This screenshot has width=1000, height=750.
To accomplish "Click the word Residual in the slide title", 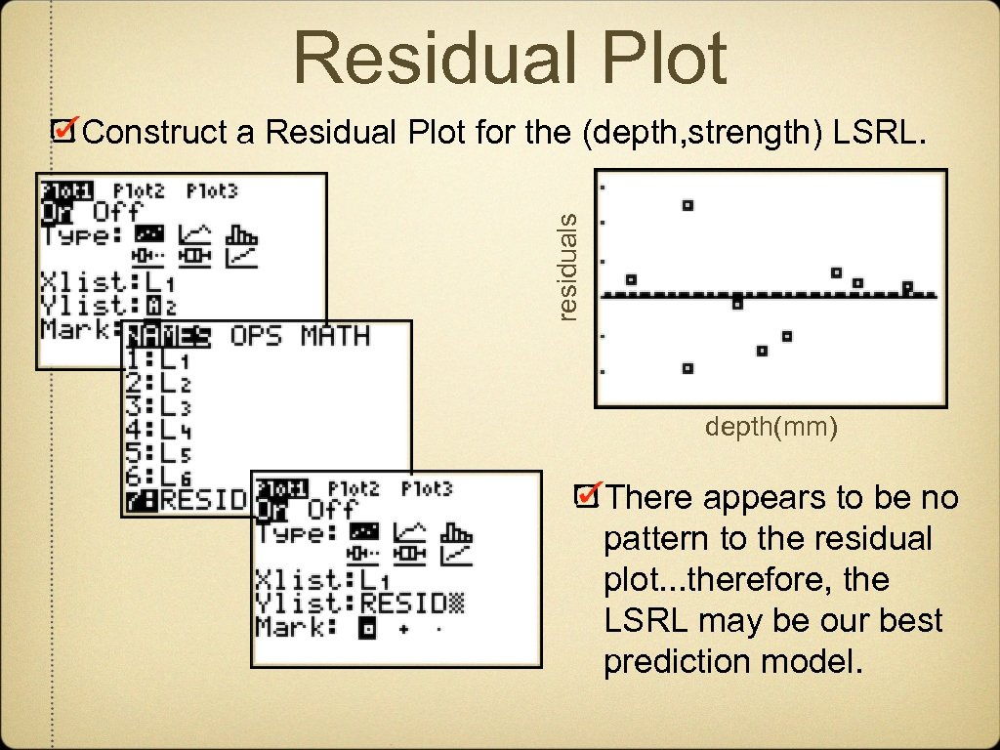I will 431,59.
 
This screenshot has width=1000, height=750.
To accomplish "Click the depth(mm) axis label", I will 771,428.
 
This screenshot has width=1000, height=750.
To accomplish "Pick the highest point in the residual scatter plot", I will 687,205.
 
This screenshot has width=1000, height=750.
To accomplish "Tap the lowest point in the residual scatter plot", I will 687,368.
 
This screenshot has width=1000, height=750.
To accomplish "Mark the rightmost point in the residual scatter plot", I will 907,287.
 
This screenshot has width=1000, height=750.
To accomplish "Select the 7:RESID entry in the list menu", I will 186,500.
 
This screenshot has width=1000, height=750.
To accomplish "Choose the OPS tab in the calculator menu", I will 256,336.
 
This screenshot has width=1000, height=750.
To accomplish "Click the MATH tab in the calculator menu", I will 335,336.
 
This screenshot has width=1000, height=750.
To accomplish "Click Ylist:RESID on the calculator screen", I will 358,604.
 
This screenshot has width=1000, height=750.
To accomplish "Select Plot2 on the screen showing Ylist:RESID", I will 354,487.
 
